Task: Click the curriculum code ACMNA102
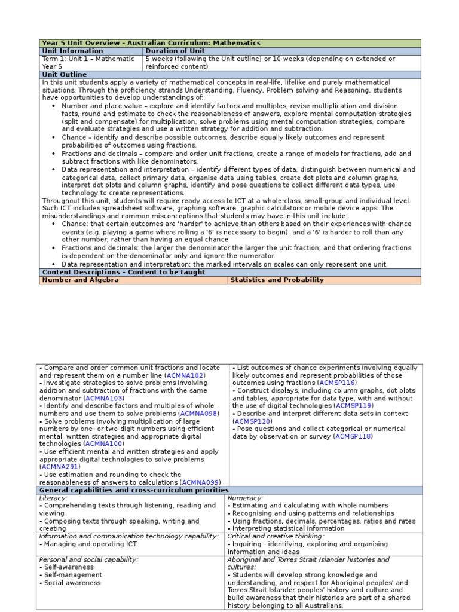tap(185, 375)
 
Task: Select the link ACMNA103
tap(103, 398)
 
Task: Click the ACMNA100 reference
tap(103, 444)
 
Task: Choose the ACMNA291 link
tap(60, 467)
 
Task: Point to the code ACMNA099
tap(200, 482)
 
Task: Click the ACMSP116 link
tap(338, 382)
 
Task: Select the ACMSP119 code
tap(354, 406)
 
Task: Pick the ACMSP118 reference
tap(354, 437)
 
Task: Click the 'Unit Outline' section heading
tap(64, 75)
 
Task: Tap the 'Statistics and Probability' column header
tap(277, 280)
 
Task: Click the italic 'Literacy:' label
tap(53, 498)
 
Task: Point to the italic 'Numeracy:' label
tap(245, 498)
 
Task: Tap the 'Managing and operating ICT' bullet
tap(89, 544)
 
